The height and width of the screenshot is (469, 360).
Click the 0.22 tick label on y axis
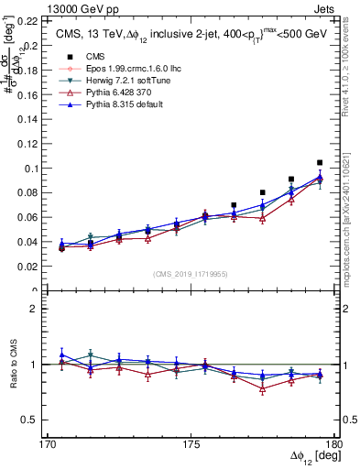(27, 20)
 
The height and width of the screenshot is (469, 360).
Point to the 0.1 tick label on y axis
(31, 169)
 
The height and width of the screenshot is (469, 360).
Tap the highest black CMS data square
(320, 162)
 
